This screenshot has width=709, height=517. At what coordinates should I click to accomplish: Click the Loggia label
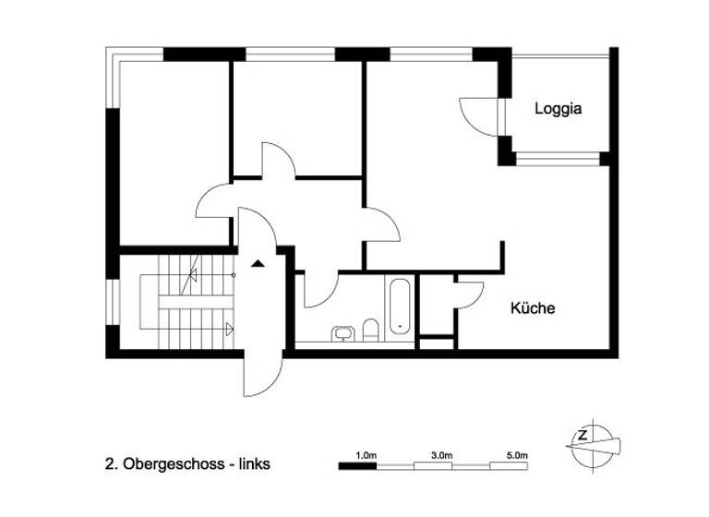[x=559, y=109]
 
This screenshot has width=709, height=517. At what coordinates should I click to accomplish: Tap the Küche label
[x=533, y=308]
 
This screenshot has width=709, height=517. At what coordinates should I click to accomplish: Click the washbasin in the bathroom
[x=343, y=331]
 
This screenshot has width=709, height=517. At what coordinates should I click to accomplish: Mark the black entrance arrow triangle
[x=258, y=262]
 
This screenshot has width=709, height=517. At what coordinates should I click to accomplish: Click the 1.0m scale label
[x=367, y=455]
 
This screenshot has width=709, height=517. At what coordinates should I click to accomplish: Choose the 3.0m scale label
[x=441, y=455]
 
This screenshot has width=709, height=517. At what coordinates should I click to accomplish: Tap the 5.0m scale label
[x=517, y=455]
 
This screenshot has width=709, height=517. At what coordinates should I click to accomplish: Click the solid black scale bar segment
[x=358, y=466]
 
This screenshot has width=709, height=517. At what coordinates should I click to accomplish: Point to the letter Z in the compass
[x=583, y=434]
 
